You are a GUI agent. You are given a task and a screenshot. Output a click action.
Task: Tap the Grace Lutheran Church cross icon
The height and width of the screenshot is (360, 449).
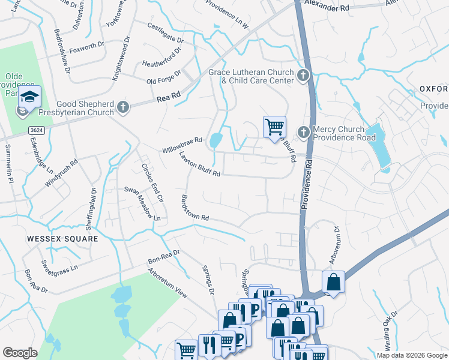coord(304,76)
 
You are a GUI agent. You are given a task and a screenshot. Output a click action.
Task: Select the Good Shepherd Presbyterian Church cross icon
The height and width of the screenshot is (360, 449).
coord(123,107)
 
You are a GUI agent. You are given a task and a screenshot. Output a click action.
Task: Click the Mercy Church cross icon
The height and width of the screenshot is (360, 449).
coord(304,131)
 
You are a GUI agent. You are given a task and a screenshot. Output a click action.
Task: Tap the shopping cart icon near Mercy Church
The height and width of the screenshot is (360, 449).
coord(274,127)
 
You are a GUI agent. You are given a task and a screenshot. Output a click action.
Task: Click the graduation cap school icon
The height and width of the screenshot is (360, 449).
coord(29,96)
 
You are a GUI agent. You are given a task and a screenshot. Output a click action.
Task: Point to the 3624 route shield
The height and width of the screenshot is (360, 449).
coord(36,130)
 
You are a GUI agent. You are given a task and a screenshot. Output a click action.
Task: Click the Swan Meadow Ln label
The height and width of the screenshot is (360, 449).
coord(142,203)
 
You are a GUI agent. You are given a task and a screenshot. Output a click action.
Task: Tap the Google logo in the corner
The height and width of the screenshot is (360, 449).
coord(20,353)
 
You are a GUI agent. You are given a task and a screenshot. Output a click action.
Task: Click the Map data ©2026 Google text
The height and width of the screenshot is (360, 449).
coord(411,355)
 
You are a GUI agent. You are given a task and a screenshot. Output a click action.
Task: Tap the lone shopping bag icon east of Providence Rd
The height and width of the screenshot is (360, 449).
coord(333,282)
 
